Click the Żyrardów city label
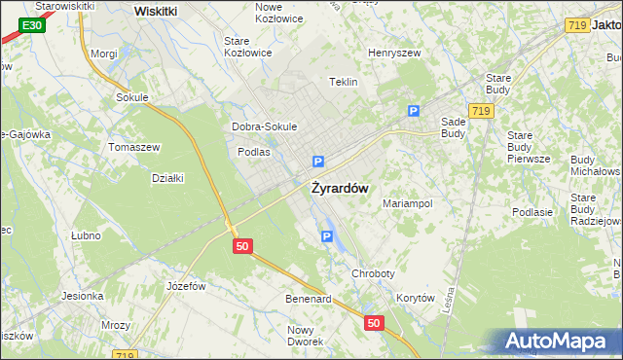click(x=339, y=189)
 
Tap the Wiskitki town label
click(x=155, y=11)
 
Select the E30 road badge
click(x=32, y=22)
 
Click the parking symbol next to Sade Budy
click(x=414, y=112)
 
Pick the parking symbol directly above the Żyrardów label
click(x=318, y=162)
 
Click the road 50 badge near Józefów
click(x=243, y=247)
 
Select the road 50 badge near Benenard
click(x=375, y=321)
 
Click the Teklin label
click(x=344, y=83)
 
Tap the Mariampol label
click(x=407, y=204)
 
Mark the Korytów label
click(x=415, y=299)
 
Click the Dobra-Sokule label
click(x=264, y=127)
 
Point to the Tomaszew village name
click(x=133, y=147)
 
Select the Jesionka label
click(x=82, y=296)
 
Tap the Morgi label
click(x=103, y=54)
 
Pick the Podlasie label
click(x=532, y=212)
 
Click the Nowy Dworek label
click(x=306, y=336)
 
